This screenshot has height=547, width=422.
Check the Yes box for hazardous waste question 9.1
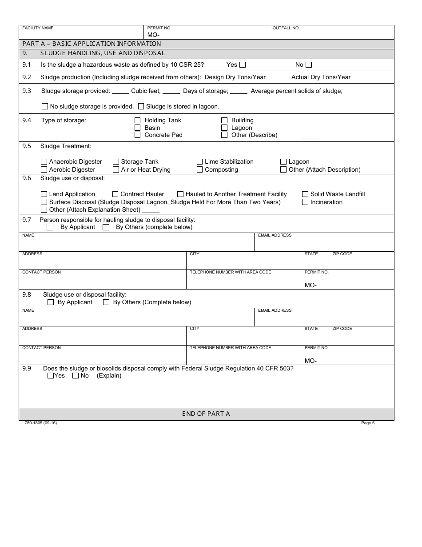pyautogui.click(x=243, y=65)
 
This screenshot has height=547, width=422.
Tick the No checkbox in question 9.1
pyautogui.click(x=309, y=65)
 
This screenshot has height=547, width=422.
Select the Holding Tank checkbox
pyautogui.click(x=138, y=121)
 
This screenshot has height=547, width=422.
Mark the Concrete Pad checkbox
pyautogui.click(x=138, y=135)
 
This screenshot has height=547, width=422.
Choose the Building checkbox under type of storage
pyautogui.click(x=224, y=121)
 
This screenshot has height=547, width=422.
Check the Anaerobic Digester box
pyautogui.click(x=44, y=162)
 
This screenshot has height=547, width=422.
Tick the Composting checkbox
pyautogui.click(x=200, y=170)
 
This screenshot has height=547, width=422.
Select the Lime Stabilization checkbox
pyautogui.click(x=200, y=162)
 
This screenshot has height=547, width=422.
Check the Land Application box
pyautogui.click(x=44, y=194)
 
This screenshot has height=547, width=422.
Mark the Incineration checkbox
pyautogui.click(x=305, y=202)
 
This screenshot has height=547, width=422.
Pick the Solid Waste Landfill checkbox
pyautogui.click(x=305, y=194)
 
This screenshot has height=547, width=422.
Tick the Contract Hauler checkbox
pyautogui.click(x=115, y=194)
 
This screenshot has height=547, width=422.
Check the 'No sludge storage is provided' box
pyautogui.click(x=45, y=107)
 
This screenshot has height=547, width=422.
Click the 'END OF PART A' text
pyautogui.click(x=206, y=414)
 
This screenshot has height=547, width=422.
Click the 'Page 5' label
pyautogui.click(x=368, y=423)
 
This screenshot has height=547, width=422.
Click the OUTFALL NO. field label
pyautogui.click(x=286, y=28)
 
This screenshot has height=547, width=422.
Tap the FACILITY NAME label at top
pyautogui.click(x=38, y=28)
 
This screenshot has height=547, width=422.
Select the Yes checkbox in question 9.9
pyautogui.click(x=51, y=376)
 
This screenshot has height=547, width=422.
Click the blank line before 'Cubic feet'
pyautogui.click(x=120, y=92)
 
